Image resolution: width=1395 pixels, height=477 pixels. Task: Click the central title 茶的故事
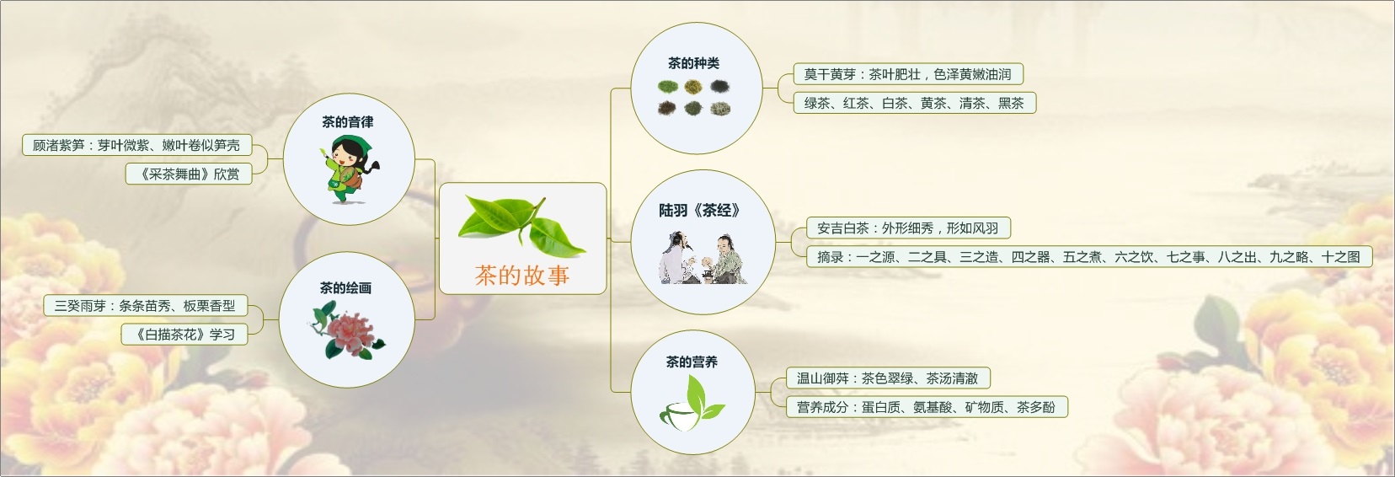522,275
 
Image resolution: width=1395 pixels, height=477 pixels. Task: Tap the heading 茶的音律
348,122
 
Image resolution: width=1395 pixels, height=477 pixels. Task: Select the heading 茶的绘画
345,287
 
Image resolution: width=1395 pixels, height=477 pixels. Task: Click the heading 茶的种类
693,63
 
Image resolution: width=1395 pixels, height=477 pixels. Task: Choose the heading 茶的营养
692,362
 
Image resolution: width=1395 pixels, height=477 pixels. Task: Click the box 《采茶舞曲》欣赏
189,174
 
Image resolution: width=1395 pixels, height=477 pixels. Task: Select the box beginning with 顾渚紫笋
137,145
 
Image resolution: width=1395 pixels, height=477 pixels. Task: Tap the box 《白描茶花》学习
184,335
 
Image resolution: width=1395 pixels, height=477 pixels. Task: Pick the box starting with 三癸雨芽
146,306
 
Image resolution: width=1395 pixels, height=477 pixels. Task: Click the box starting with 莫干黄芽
908,74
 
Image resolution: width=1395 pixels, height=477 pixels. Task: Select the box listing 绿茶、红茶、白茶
914,103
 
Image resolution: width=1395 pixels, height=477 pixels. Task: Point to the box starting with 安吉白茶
909,228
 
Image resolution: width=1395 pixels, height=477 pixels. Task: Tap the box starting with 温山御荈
888,378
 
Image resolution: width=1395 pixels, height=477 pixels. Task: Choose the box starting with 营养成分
927,407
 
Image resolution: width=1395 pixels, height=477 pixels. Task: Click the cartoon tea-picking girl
350,169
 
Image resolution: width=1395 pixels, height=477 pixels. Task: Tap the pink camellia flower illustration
347,330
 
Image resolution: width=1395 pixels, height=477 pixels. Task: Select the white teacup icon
680,416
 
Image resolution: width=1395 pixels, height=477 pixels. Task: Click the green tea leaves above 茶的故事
522,225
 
